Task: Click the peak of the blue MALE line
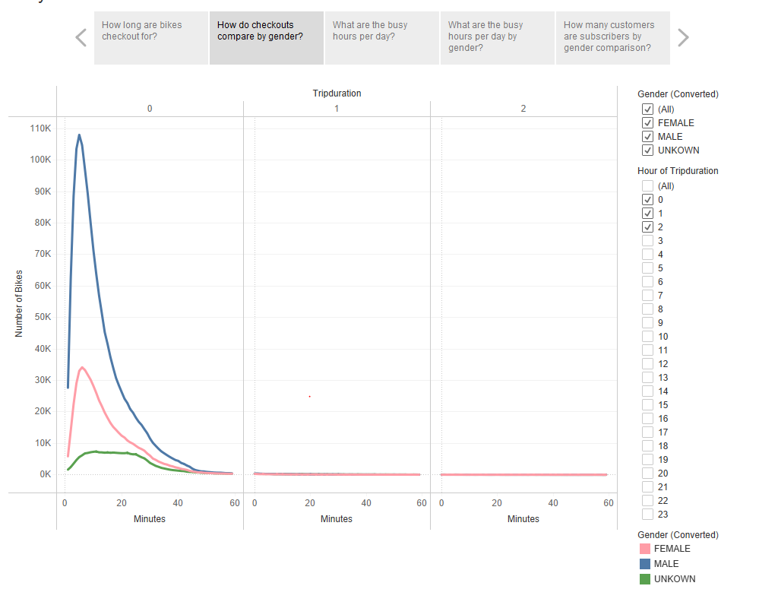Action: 79,135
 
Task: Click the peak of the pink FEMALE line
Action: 82,368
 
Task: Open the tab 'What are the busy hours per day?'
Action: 381,37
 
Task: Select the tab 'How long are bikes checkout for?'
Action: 151,37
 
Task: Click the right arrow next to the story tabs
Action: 683,37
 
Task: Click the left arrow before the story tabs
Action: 81,37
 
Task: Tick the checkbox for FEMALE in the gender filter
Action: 647,123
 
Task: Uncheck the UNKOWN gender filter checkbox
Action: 647,150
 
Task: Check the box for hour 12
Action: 647,364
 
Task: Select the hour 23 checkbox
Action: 647,515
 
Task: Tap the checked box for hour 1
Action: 647,214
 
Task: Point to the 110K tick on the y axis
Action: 40,128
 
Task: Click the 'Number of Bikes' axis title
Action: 19,303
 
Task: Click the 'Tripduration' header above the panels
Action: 337,93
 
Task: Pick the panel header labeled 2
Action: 523,109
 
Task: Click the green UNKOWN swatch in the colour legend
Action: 645,579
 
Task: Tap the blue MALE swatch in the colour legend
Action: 645,564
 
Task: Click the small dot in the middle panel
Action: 310,396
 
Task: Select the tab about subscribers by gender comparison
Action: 612,37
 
